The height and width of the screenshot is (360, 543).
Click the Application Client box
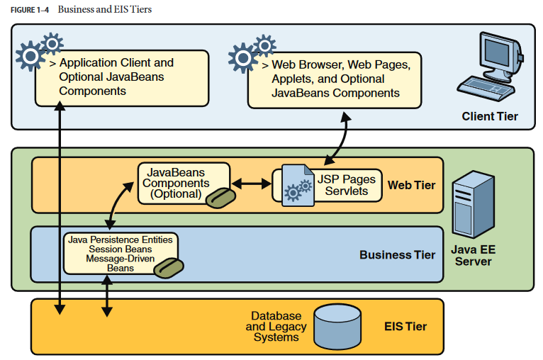pos(122,77)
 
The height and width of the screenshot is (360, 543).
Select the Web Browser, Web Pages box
pos(334,78)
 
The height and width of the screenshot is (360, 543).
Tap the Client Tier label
pos(489,116)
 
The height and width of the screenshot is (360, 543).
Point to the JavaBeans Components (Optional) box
pos(184,183)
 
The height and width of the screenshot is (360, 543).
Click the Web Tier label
pos(411,185)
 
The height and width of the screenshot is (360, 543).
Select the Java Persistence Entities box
pos(120,253)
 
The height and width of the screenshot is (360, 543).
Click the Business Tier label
pos(397,254)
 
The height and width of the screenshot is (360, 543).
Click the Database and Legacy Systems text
pos(276,326)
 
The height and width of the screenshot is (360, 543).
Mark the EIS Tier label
pos(405,326)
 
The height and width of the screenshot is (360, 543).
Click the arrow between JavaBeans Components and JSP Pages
pos(252,184)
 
